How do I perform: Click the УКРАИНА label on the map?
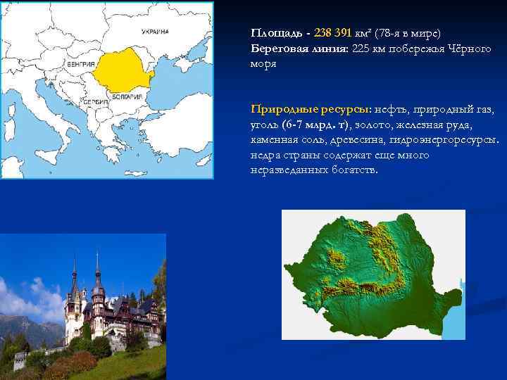pyautogui.click(x=155, y=32)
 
